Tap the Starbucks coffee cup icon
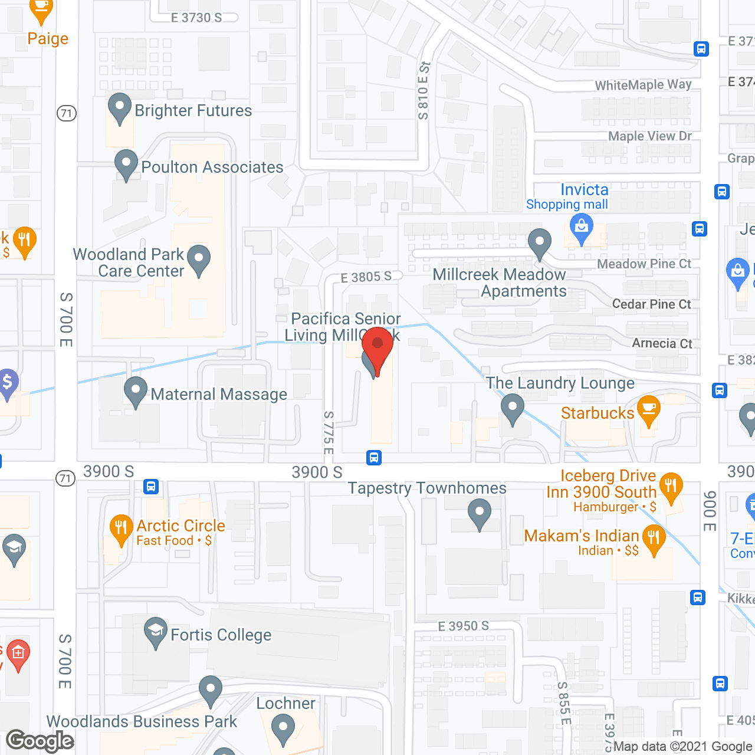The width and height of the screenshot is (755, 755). [x=648, y=410]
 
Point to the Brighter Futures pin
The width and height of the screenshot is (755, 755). [x=120, y=108]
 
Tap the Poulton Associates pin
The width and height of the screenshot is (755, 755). [x=126, y=165]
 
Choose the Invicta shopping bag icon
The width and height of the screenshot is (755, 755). [x=582, y=228]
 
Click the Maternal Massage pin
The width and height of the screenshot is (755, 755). [x=136, y=391]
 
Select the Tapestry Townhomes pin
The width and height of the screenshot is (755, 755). [x=480, y=513]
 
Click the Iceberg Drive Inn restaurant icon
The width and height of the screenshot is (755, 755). [x=671, y=487]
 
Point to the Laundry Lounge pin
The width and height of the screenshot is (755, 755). [x=513, y=408]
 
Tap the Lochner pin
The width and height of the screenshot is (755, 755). [x=283, y=728]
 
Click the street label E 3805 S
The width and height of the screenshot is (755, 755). [x=366, y=277]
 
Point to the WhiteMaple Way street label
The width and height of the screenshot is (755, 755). [x=643, y=85]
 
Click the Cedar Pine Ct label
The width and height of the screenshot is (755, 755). [x=651, y=304]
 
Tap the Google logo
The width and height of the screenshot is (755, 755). [x=40, y=741]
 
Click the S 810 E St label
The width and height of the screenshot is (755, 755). [x=423, y=91]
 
